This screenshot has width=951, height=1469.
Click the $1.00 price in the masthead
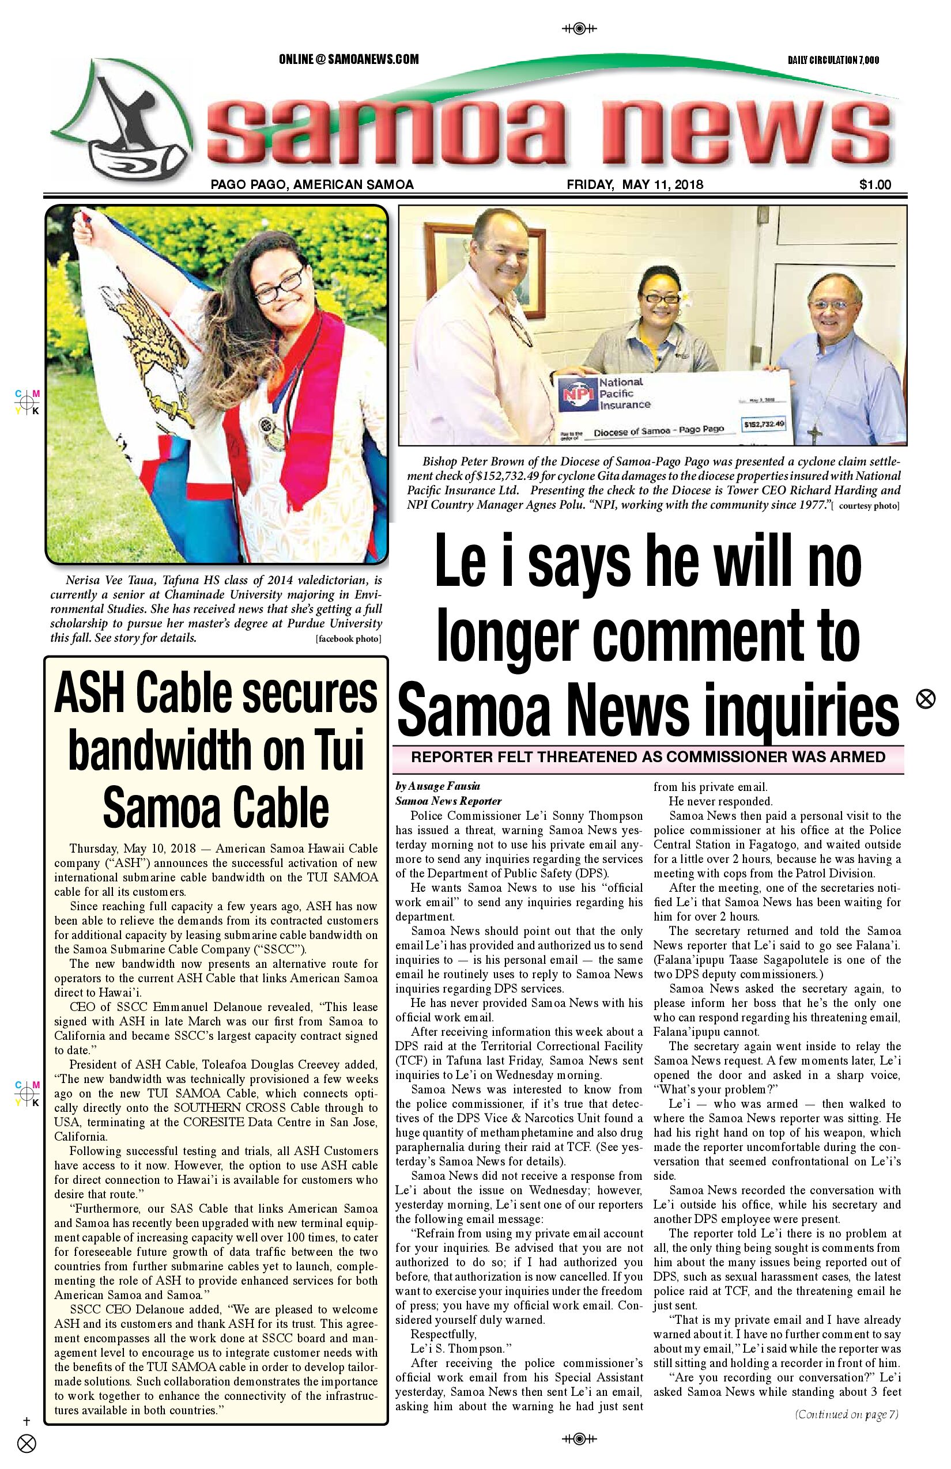874,184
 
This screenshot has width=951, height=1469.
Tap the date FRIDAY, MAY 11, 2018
634,184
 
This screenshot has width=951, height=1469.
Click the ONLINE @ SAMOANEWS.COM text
348,59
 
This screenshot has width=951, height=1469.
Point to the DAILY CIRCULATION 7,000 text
833,60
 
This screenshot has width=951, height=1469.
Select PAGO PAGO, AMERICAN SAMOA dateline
312,184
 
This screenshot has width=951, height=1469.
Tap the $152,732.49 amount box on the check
764,424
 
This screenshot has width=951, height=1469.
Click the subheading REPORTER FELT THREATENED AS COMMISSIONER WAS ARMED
648,758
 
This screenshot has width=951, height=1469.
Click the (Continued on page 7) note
846,1414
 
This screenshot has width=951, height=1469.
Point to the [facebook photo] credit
348,639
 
